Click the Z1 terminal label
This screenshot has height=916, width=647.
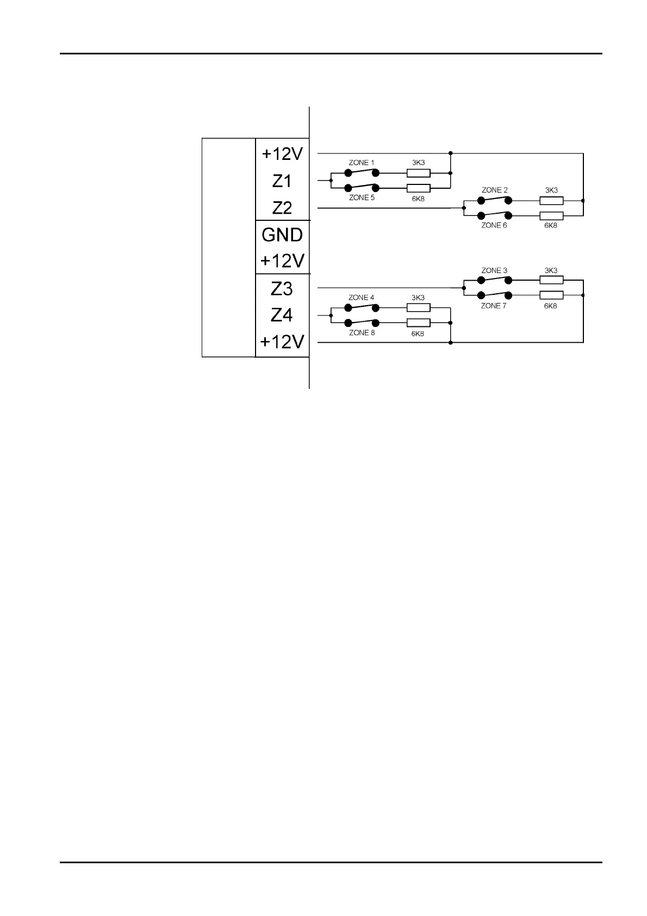coord(282,181)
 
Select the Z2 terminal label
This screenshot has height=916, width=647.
coord(282,208)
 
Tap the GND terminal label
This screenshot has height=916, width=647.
coord(282,235)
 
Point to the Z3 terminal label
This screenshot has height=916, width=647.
coord(282,289)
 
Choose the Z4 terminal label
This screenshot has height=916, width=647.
coord(282,315)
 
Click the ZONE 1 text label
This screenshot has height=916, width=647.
coord(362,163)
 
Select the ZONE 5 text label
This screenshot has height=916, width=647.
coord(362,198)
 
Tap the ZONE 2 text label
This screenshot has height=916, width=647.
coord(494,190)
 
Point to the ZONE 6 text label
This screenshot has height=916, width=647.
coord(494,225)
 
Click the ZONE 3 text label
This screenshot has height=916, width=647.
coord(494,270)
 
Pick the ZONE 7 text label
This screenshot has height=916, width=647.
coord(494,306)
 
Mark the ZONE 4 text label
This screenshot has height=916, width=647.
coord(362,298)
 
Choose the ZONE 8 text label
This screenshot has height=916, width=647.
coord(362,333)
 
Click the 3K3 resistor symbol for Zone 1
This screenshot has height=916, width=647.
coord(419,174)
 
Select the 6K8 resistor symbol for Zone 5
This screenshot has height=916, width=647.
coord(419,188)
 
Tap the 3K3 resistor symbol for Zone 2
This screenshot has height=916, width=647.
coord(551,201)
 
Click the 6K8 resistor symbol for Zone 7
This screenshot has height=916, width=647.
coord(551,295)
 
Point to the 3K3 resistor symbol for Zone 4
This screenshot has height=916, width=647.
coord(419,308)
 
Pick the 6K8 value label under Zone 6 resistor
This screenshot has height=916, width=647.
coord(551,226)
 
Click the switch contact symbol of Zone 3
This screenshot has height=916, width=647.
coord(494,281)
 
